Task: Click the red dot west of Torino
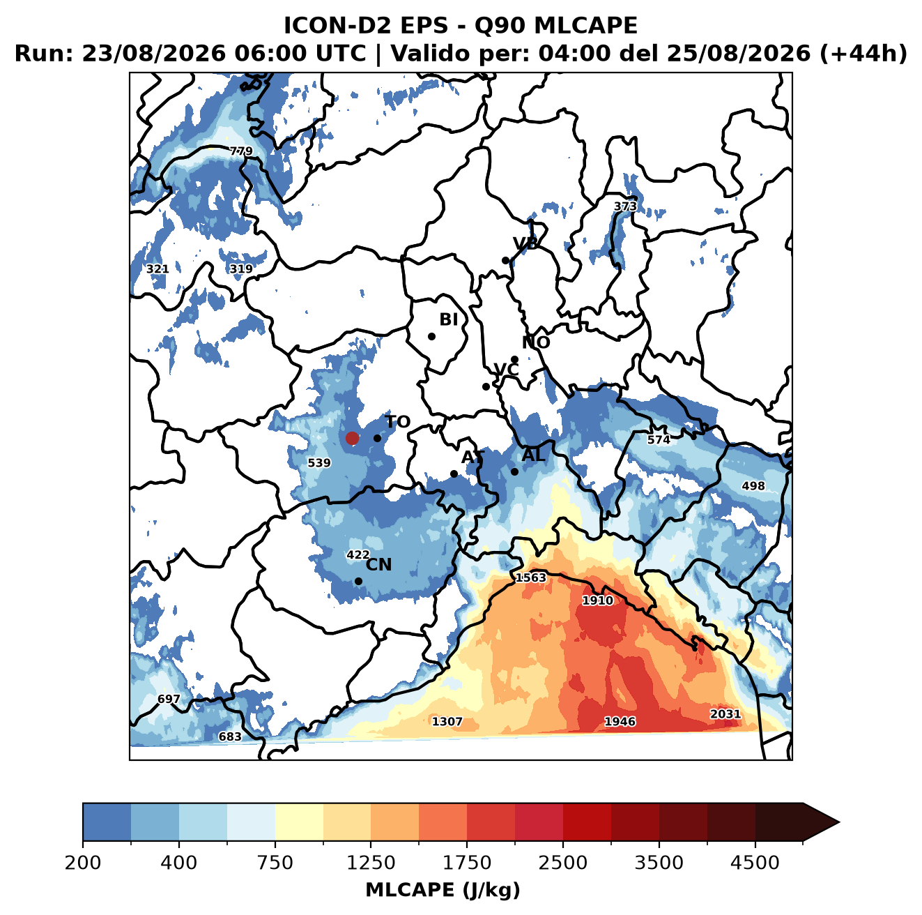(352, 438)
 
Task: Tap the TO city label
(398, 423)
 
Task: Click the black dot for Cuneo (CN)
(358, 581)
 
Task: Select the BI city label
(449, 319)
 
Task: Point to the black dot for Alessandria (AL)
(514, 471)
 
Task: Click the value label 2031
(725, 714)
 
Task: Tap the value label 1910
(598, 600)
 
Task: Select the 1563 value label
(530, 578)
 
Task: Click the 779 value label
(241, 151)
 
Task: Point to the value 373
(625, 206)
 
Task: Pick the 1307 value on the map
(447, 721)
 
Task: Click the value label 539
(319, 463)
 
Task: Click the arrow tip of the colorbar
(839, 822)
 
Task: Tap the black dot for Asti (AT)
(454, 474)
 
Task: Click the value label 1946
(620, 721)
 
